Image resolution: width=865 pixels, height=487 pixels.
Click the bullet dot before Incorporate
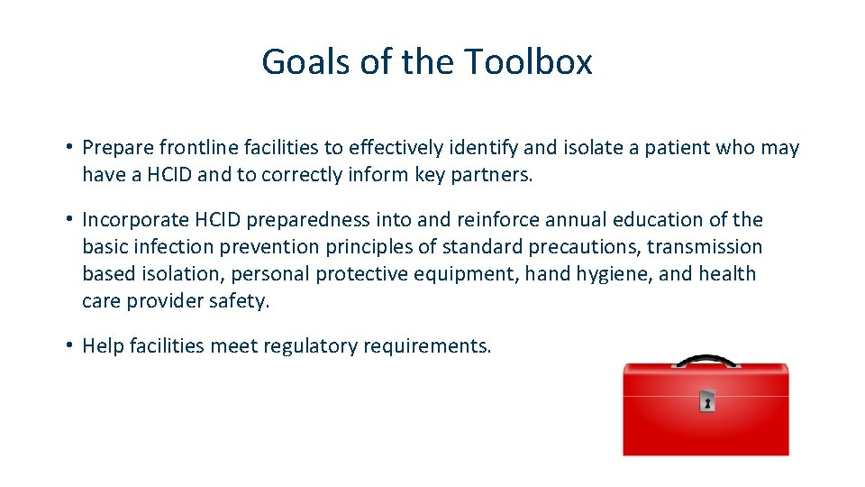click(x=68, y=220)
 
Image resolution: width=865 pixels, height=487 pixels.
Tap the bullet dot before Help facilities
click(x=68, y=346)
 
